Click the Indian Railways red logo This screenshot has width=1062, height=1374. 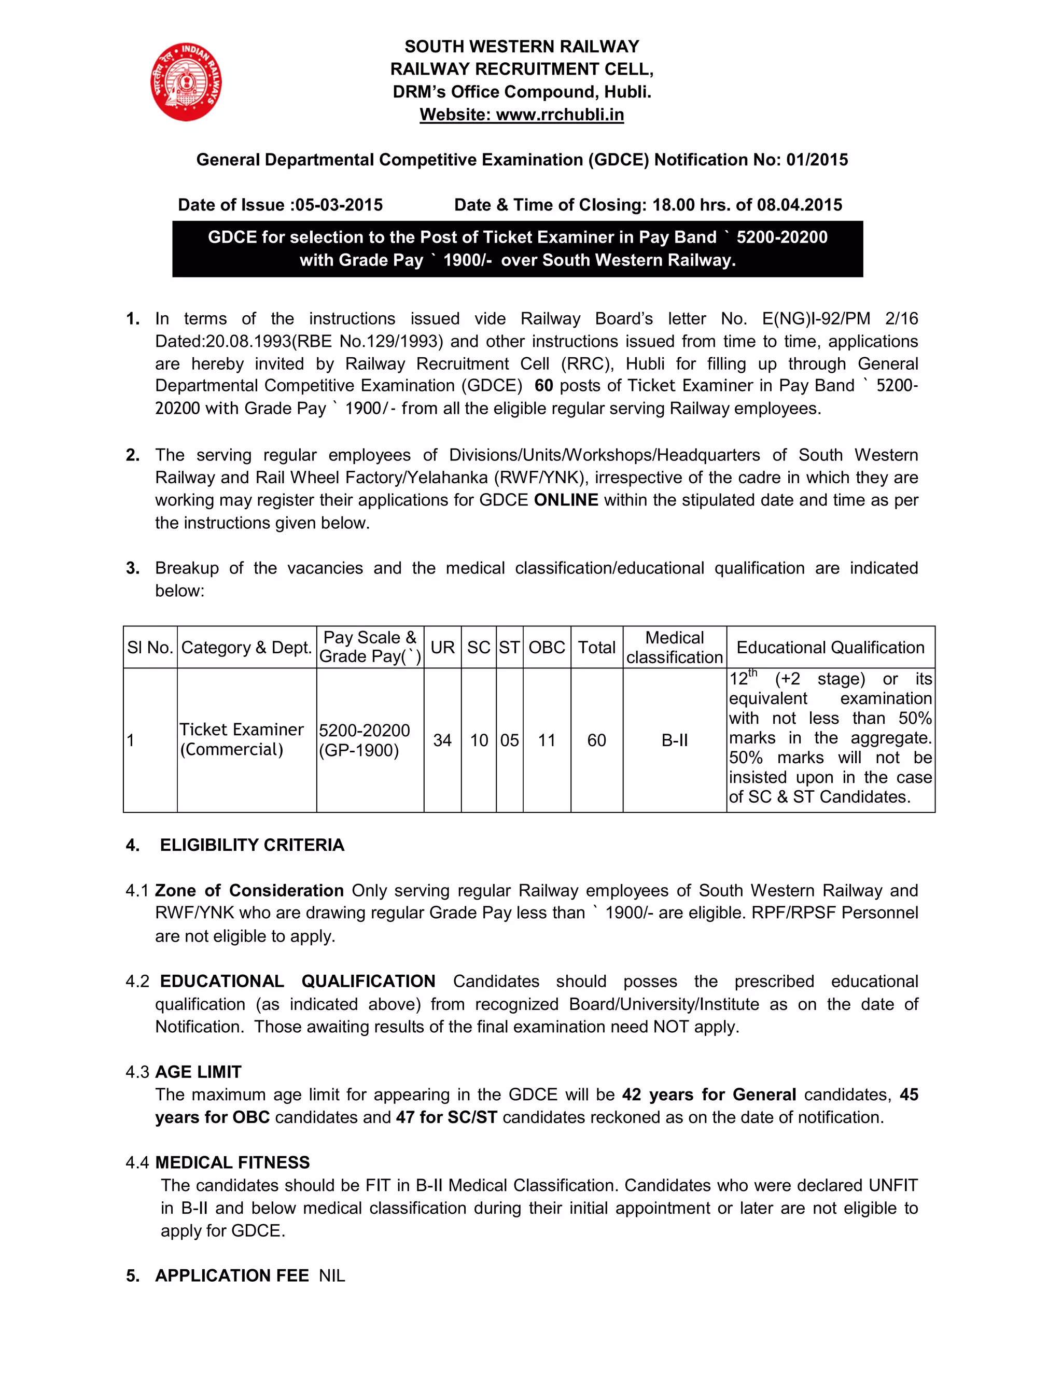(x=186, y=82)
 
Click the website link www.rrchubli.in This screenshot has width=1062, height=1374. (x=560, y=115)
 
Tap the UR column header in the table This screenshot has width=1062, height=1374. (x=442, y=648)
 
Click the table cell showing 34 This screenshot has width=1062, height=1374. (x=442, y=740)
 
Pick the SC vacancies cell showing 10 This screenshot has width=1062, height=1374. (x=479, y=740)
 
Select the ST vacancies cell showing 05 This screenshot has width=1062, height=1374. (x=510, y=740)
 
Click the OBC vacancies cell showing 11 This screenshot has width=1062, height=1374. (x=547, y=740)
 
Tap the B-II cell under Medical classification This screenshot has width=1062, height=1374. (x=675, y=740)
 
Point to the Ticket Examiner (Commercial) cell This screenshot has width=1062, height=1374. (x=242, y=739)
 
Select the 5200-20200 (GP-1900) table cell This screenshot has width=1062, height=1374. (x=364, y=740)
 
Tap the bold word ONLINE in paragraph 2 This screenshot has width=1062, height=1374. (x=566, y=500)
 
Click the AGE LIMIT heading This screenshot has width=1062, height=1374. (x=198, y=1072)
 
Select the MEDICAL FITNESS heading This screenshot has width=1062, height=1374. (x=232, y=1162)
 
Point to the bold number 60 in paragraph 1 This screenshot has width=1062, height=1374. (x=543, y=386)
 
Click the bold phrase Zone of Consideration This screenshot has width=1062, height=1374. (x=249, y=890)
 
